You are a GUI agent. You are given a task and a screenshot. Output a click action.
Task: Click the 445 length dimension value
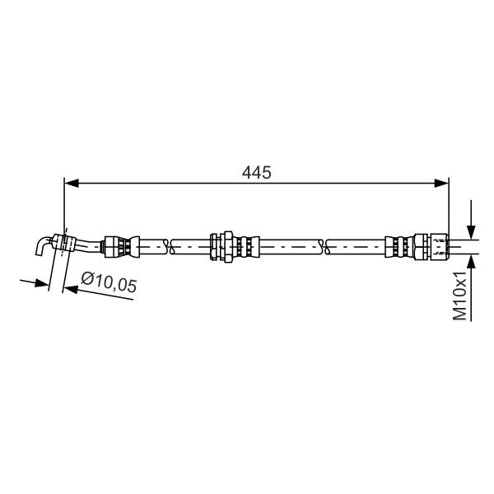[256, 173]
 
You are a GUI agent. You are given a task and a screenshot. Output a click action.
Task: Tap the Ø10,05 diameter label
[109, 282]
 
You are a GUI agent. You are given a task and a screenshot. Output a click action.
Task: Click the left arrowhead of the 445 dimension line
[71, 183]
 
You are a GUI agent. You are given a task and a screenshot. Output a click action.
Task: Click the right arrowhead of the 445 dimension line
[441, 183]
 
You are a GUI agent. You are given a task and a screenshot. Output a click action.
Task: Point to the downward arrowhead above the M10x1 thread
[471, 232]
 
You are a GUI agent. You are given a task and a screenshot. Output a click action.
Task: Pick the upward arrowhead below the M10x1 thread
[471, 263]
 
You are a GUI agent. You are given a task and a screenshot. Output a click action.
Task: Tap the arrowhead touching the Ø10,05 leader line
[71, 289]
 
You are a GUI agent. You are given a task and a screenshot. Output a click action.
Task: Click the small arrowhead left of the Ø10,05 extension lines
[42, 282]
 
